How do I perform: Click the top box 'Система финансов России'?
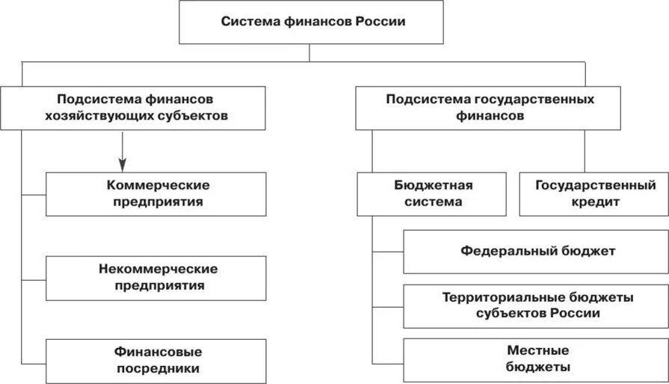[312, 22]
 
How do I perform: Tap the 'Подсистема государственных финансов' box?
[490, 108]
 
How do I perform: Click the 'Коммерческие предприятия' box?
[156, 193]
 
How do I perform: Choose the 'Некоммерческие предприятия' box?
[156, 277]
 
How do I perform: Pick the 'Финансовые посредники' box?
[156, 359]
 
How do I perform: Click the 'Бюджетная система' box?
[433, 193]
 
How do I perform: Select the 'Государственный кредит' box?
[594, 193]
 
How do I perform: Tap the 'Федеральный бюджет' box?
[536, 251]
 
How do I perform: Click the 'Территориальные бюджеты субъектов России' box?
[536, 306]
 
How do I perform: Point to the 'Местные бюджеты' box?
[536, 359]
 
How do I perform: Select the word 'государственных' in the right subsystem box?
[533, 99]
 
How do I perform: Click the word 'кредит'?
[594, 202]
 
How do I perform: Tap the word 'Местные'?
[537, 350]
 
